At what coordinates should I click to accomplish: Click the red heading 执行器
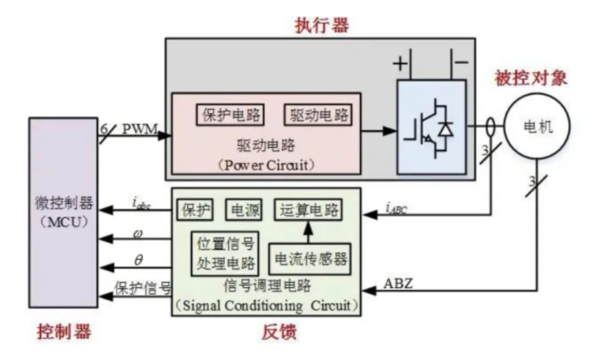[x=321, y=24]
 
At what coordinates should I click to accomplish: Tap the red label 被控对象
[x=531, y=78]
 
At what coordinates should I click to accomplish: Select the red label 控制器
[x=64, y=331]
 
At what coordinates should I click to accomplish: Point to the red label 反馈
[x=279, y=332]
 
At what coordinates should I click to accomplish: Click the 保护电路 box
[x=231, y=115]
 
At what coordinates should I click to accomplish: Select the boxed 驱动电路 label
[x=318, y=115]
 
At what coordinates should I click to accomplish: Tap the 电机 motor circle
[x=537, y=126]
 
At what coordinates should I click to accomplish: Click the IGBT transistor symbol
[x=429, y=129]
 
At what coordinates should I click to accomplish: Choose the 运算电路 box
[x=308, y=210]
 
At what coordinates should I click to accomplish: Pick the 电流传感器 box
[x=310, y=259]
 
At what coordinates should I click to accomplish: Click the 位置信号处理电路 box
[x=226, y=254]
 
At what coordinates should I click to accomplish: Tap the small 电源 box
[x=244, y=210]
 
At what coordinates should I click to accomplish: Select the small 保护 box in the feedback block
[x=196, y=210]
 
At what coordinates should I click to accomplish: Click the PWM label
[x=140, y=128]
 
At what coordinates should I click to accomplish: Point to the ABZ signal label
[x=399, y=284]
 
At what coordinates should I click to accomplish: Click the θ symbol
[x=138, y=260]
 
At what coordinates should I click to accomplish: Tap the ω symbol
[x=138, y=234]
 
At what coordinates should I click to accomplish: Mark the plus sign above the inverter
[x=400, y=63]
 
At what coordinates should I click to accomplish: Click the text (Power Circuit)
[x=266, y=165]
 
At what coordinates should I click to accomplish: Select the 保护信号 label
[x=143, y=289]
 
